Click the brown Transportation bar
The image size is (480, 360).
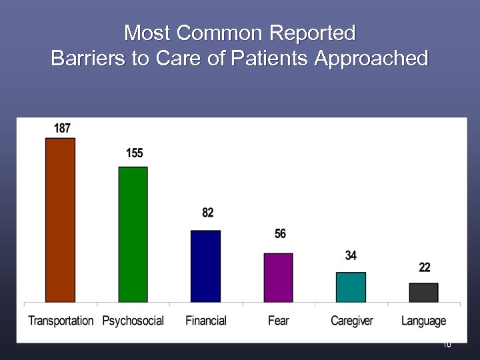click(x=60, y=220)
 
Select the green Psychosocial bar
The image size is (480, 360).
click(x=133, y=234)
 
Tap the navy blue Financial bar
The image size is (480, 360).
click(x=205, y=266)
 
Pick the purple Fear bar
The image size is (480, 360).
click(x=278, y=277)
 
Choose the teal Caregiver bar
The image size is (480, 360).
click(x=351, y=287)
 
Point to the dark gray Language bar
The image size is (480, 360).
click(x=423, y=292)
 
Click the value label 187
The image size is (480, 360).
click(x=62, y=128)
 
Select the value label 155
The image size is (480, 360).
click(x=135, y=153)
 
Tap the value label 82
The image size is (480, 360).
click(x=208, y=213)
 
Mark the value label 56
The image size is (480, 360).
click(x=280, y=234)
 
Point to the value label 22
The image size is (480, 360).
click(x=425, y=267)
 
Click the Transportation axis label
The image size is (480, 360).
click(x=61, y=321)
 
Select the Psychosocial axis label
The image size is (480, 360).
click(x=133, y=321)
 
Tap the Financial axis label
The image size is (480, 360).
click(x=206, y=321)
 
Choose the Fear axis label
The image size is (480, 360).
click(x=278, y=321)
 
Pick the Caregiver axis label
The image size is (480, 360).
click(x=351, y=321)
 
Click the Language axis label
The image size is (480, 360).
click(x=423, y=321)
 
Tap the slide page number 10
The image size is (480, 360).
click(x=447, y=345)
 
